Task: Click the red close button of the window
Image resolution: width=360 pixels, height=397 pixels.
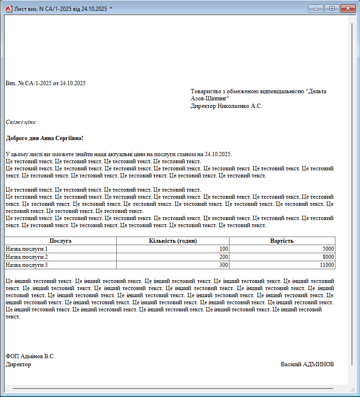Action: (x=348, y=9)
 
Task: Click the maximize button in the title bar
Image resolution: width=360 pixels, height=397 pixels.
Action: (x=332, y=9)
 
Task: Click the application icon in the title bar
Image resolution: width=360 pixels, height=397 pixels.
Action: (x=8, y=9)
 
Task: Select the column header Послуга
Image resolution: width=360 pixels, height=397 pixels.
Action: (x=61, y=241)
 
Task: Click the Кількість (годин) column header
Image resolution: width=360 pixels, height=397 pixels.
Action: (x=173, y=241)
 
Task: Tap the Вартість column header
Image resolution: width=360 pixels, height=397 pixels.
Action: (x=282, y=241)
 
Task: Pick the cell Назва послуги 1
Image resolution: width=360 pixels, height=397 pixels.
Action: (x=27, y=248)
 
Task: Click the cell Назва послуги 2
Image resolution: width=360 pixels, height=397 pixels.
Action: (x=27, y=256)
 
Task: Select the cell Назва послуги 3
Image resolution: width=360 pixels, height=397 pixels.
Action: (x=27, y=265)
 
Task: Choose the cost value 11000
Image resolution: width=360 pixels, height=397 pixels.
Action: (x=326, y=265)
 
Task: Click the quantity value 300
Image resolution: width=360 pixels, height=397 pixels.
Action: (x=223, y=265)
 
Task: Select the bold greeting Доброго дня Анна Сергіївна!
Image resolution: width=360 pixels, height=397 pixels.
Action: (x=44, y=138)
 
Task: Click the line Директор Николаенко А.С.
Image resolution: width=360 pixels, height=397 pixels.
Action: (x=226, y=106)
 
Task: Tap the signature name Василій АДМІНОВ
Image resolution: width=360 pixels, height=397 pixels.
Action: (x=307, y=364)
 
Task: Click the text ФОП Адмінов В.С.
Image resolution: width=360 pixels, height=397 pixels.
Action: (x=30, y=356)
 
